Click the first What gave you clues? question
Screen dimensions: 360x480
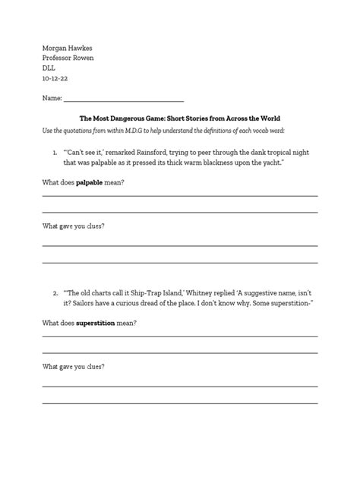[x=73, y=226]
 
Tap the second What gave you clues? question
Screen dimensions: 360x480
[x=73, y=366]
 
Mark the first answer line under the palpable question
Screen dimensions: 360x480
[x=179, y=195]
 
